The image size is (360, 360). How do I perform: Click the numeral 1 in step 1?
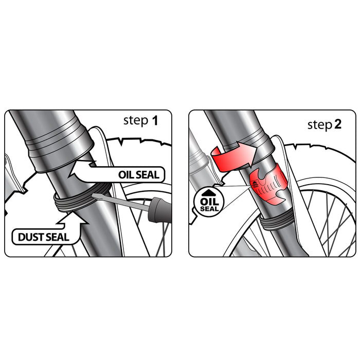click(155, 120)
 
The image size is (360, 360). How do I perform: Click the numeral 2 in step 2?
click(338, 124)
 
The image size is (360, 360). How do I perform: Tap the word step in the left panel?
click(136, 121)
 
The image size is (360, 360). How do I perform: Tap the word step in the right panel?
click(320, 125)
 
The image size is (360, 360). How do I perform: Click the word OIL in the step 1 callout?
click(125, 175)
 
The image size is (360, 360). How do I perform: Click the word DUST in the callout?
click(30, 237)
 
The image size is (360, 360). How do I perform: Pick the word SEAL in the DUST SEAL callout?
click(57, 237)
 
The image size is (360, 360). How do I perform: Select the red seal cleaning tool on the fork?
click(268, 184)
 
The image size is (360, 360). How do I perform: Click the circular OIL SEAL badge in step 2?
click(209, 201)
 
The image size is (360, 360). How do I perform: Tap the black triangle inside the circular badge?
click(209, 193)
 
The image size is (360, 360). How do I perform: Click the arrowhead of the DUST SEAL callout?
click(73, 218)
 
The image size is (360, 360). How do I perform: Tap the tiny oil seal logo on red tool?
click(255, 184)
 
